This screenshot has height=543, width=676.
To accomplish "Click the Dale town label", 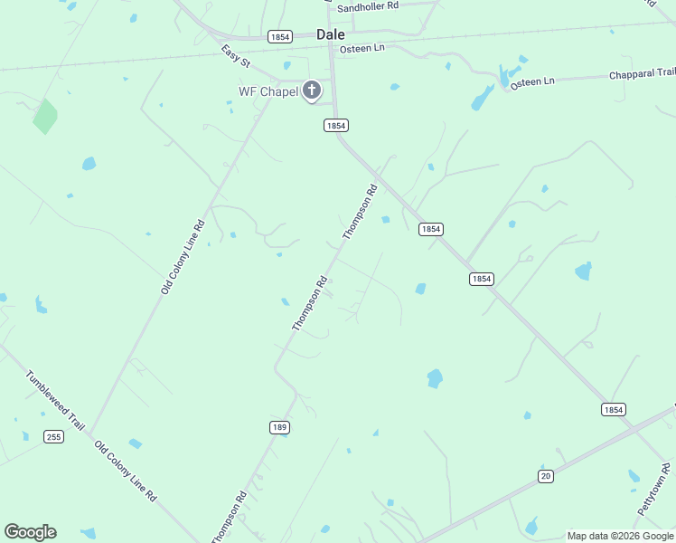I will pyautogui.click(x=330, y=34).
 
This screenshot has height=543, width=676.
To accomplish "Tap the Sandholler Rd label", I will pyautogui.click(x=368, y=7).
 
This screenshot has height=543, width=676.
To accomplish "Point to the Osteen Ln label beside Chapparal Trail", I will pyautogui.click(x=532, y=81).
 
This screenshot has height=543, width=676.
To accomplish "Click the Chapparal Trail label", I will pyautogui.click(x=642, y=73).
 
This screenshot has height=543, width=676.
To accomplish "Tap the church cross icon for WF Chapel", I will pyautogui.click(x=312, y=90).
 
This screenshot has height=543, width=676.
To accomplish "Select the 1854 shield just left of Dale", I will pyautogui.click(x=279, y=36).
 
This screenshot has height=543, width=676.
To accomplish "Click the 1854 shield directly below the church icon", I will pyautogui.click(x=336, y=126).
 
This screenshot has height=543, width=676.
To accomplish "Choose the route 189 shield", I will pyautogui.click(x=279, y=426).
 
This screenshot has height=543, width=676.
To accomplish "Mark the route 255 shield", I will pyautogui.click(x=54, y=437).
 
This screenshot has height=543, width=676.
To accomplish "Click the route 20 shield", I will pyautogui.click(x=545, y=476).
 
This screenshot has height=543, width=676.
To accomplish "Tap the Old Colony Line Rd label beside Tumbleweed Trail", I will pyautogui.click(x=126, y=472).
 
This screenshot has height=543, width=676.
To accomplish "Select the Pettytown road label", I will pyautogui.click(x=654, y=490).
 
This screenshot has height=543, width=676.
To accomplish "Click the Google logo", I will pyautogui.click(x=30, y=532).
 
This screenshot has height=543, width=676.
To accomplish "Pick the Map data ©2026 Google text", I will pyautogui.click(x=620, y=536).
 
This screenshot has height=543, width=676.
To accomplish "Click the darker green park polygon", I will pyautogui.click(x=45, y=116).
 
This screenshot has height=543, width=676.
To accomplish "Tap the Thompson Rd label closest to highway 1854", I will pyautogui.click(x=359, y=213).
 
